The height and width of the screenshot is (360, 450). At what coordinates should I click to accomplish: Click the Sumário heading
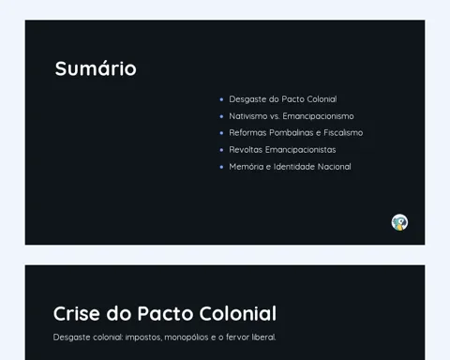coord(96,68)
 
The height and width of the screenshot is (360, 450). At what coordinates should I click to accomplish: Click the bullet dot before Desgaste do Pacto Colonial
coord(221,99)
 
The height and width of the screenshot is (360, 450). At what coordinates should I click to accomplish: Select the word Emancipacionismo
coord(318,116)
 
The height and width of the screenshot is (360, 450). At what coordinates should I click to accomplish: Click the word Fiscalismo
coord(343,133)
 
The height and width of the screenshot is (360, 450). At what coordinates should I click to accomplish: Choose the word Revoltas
coord(246,150)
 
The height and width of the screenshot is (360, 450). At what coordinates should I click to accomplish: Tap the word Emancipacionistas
coord(301,150)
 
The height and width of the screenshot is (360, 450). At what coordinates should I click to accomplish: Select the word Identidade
coord(294,167)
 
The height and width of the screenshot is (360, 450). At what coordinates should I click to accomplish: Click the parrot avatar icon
coord(399,222)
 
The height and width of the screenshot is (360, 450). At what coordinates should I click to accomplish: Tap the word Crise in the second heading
coord(77,313)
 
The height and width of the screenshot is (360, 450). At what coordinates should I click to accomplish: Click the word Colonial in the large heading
coord(238,313)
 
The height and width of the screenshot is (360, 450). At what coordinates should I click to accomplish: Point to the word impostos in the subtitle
coord(143,337)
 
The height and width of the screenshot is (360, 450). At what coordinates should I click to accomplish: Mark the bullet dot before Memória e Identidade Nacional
coord(221,167)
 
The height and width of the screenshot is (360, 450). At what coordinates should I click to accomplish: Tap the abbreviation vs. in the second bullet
coord(275,116)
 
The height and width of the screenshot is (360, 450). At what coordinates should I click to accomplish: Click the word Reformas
coord(247,133)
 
